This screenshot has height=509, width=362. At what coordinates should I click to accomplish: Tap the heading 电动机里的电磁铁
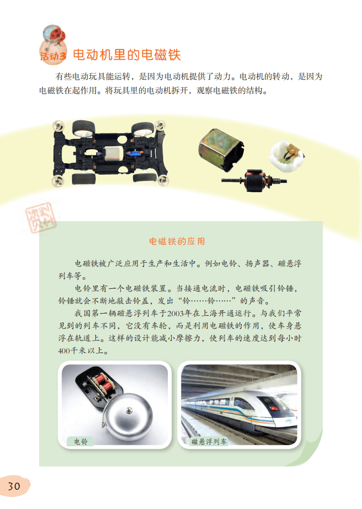click(x=127, y=54)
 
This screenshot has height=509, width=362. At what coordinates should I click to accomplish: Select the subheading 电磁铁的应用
click(x=177, y=241)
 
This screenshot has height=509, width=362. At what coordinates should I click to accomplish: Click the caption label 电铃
click(x=80, y=442)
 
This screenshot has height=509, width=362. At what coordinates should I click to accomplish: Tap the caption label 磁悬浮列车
click(x=209, y=442)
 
